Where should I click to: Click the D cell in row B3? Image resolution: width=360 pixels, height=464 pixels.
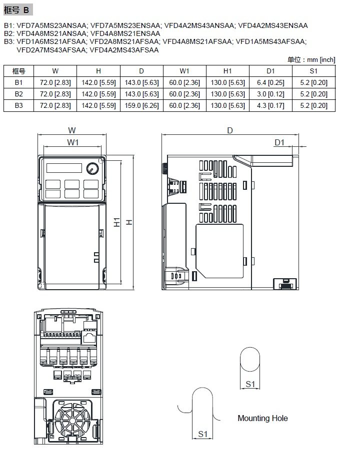coord(141,106)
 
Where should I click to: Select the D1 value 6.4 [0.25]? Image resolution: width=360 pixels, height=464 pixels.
coord(270,82)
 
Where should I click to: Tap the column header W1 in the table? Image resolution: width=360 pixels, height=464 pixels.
coord(184,71)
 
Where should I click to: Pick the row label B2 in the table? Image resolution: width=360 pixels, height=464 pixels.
coord(18,94)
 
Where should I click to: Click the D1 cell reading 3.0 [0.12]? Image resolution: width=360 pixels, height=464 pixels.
coord(270,94)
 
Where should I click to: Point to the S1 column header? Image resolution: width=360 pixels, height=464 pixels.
coord(313,71)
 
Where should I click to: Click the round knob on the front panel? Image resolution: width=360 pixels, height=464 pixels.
coord(92,168)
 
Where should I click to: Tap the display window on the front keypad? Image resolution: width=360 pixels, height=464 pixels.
coord(64,168)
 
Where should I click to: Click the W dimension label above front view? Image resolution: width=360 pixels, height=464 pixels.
coord(72,130)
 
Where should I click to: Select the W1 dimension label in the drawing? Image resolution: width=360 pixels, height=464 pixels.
coord(73,142)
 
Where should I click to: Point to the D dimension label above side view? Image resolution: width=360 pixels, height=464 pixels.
coord(230,130)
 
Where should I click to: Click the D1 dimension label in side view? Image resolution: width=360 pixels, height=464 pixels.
coord(279,142)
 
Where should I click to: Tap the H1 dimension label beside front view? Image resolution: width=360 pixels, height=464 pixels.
coord(117,222)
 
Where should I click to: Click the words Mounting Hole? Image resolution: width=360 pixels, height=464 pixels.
coord(262,418)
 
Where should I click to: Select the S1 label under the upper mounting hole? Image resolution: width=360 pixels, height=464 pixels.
coord(250,384)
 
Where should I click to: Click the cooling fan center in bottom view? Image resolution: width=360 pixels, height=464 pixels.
coord(72,421)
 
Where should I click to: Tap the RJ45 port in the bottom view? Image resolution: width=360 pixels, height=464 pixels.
coord(89,337)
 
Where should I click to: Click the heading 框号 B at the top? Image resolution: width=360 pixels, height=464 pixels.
coord(17,10)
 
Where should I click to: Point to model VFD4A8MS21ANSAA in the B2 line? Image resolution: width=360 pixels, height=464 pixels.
coord(51,33)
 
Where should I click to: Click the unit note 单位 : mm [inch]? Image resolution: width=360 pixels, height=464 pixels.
coord(311,60)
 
